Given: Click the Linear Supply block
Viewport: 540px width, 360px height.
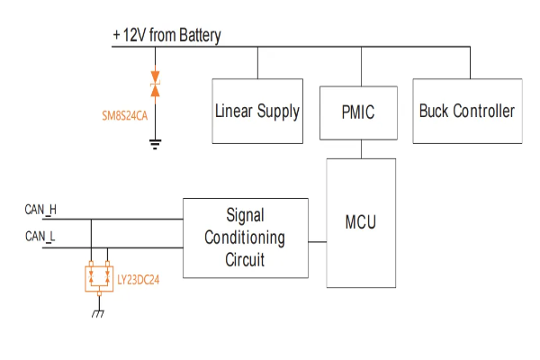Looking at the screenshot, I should [256, 112].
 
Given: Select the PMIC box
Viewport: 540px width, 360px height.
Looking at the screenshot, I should [357, 113].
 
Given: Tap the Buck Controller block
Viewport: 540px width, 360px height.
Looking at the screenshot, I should [467, 112].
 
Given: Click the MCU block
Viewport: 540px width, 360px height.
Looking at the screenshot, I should [361, 221].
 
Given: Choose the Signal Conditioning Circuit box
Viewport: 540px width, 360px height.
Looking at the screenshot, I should [245, 238].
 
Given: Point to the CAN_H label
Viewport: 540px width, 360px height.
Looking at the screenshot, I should [40, 210].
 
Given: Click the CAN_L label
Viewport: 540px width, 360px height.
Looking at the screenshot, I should [40, 236].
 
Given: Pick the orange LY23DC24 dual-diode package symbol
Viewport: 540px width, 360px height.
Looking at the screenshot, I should [98, 277].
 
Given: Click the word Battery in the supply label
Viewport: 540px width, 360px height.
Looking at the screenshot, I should [199, 35].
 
